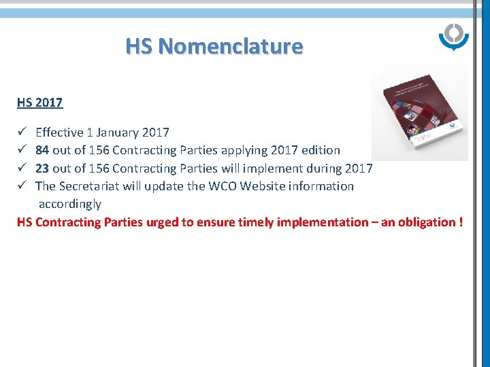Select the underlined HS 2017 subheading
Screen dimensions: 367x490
pos(40,103)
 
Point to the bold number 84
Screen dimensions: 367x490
pos(42,150)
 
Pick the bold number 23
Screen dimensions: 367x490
pos(42,168)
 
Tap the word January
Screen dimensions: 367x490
pos(118,133)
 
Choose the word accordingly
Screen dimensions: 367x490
pos(70,203)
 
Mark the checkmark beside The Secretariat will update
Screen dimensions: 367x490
pos(22,186)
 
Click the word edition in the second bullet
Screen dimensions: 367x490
pos(321,150)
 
